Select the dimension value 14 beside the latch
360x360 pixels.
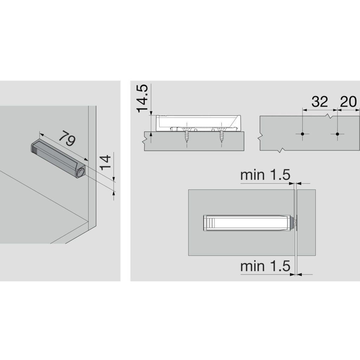click(105, 162)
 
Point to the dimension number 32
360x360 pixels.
click(320, 102)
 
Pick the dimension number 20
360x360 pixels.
click(348, 102)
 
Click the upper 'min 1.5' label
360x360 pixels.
click(265, 175)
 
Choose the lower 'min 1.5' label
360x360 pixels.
click(265, 266)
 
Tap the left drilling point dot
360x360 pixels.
click(302, 134)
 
